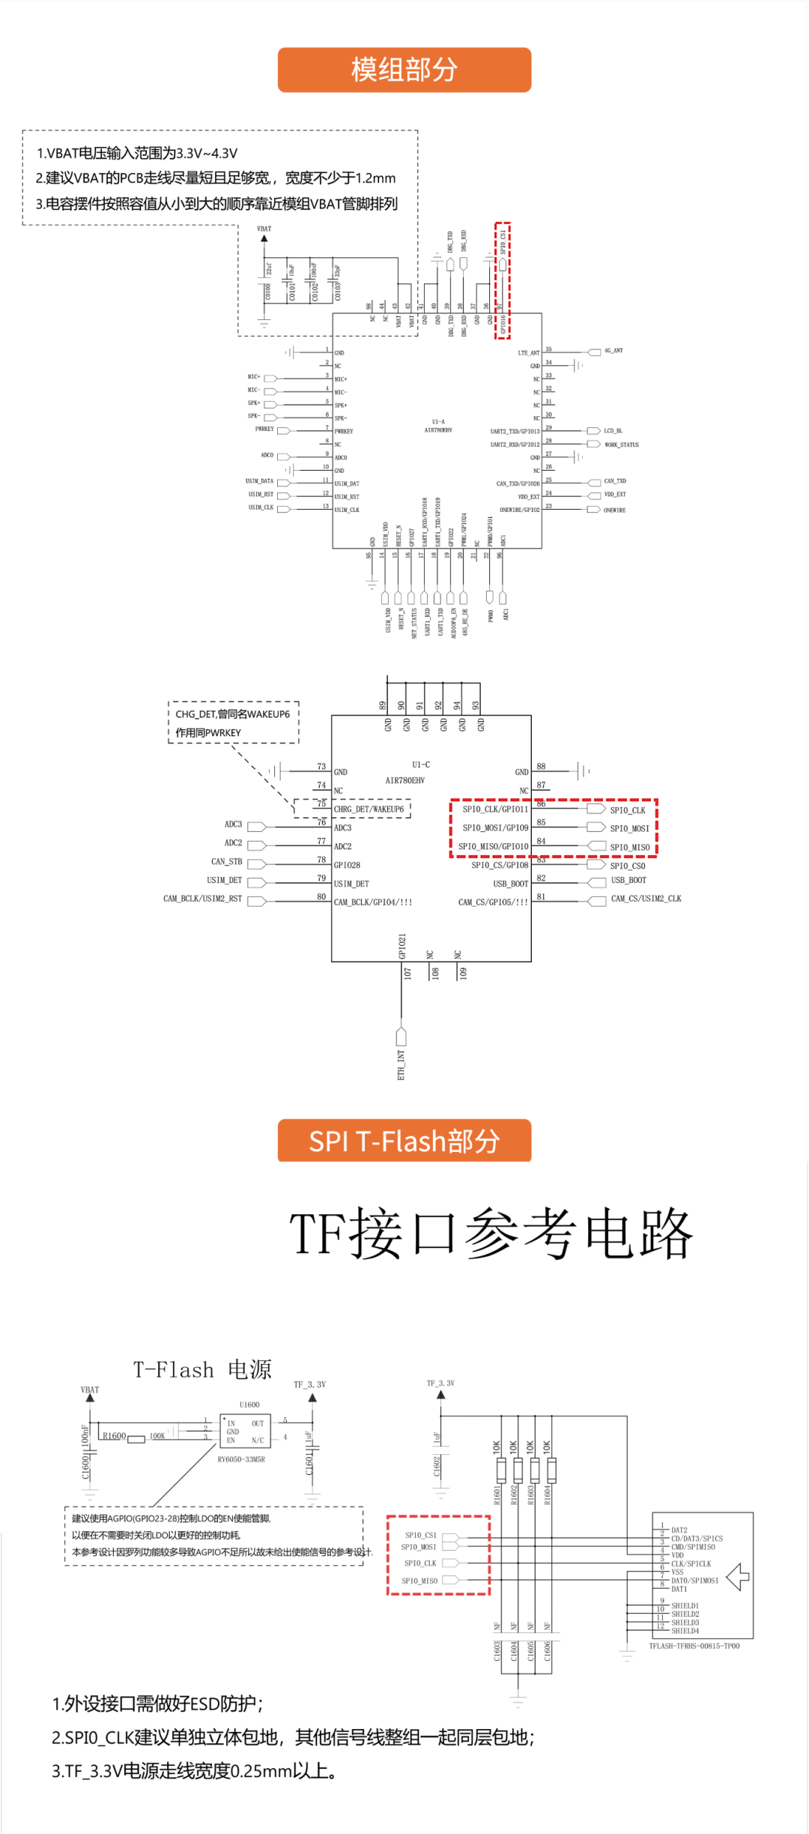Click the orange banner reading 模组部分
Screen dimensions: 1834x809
point(404,70)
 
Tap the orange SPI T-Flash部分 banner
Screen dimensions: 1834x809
point(404,1141)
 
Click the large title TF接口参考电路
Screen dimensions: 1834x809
point(491,1234)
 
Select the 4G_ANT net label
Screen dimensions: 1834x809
point(613,351)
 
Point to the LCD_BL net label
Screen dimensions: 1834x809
point(613,431)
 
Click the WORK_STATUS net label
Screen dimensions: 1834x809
point(621,445)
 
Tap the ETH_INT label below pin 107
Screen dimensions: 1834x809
point(402,1065)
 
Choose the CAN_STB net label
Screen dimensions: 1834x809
point(226,862)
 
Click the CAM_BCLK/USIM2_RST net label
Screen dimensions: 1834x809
point(202,899)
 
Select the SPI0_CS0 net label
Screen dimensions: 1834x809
point(627,866)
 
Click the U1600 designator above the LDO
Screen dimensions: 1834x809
point(249,1405)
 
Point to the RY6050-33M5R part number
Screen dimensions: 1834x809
point(241,1459)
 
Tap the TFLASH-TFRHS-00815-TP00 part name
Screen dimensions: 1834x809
point(694,1646)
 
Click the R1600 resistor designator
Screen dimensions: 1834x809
point(115,1436)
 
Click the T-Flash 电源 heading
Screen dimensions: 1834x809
point(202,1370)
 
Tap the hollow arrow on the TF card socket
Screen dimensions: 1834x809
point(738,1577)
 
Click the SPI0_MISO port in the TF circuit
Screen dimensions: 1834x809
point(419,1581)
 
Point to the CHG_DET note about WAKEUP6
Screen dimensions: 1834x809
point(232,723)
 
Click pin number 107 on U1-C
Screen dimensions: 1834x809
point(407,974)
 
